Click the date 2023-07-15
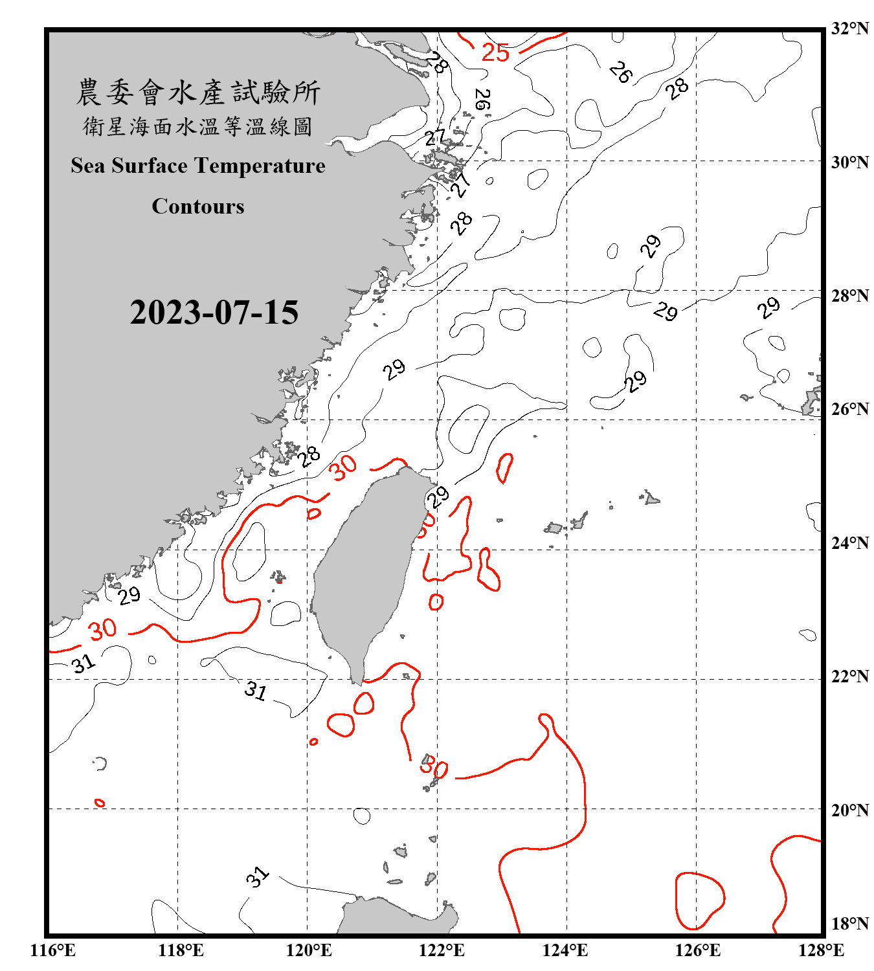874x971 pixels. (x=214, y=313)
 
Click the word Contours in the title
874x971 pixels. (x=198, y=206)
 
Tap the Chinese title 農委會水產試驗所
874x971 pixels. (x=198, y=93)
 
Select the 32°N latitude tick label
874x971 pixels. (x=849, y=28)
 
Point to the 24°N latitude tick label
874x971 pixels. (x=849, y=542)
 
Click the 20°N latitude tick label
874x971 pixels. (x=849, y=810)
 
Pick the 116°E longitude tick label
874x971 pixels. (x=52, y=950)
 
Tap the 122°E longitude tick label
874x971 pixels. (x=442, y=950)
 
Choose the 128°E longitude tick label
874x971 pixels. (x=821, y=950)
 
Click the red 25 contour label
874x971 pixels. (x=495, y=52)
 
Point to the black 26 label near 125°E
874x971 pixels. (x=621, y=72)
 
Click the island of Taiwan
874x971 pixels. (x=366, y=570)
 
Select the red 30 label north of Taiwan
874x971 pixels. (x=344, y=467)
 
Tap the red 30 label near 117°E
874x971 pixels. (x=102, y=629)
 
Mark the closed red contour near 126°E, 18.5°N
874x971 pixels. (x=699, y=900)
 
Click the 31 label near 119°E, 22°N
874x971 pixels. (x=256, y=691)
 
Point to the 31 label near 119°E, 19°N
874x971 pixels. (x=257, y=877)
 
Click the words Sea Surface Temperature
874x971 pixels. (x=198, y=166)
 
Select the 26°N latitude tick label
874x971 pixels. (x=849, y=409)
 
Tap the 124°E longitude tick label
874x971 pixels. (x=565, y=950)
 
